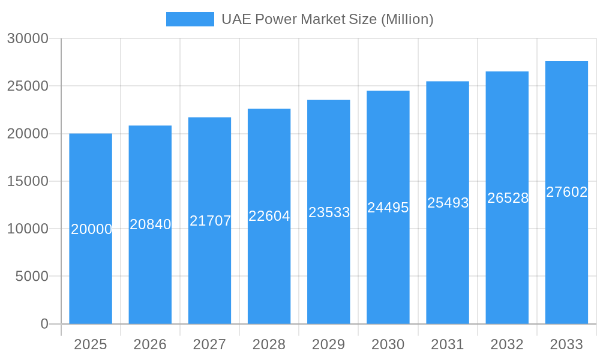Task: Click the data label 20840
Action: click(151, 224)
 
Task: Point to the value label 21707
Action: click(210, 221)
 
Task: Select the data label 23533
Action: click(329, 212)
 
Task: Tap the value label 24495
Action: click(388, 208)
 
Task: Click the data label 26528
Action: click(508, 198)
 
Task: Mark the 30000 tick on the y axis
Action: click(28, 38)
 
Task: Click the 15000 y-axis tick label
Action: click(28, 181)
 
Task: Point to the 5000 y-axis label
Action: click(31, 276)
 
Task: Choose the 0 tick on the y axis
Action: click(44, 324)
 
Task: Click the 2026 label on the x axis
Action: click(150, 344)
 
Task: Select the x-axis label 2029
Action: click(329, 344)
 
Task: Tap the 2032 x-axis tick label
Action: click(507, 344)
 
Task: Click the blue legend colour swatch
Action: click(190, 19)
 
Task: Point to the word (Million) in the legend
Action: click(407, 19)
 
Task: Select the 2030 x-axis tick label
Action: click(388, 344)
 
